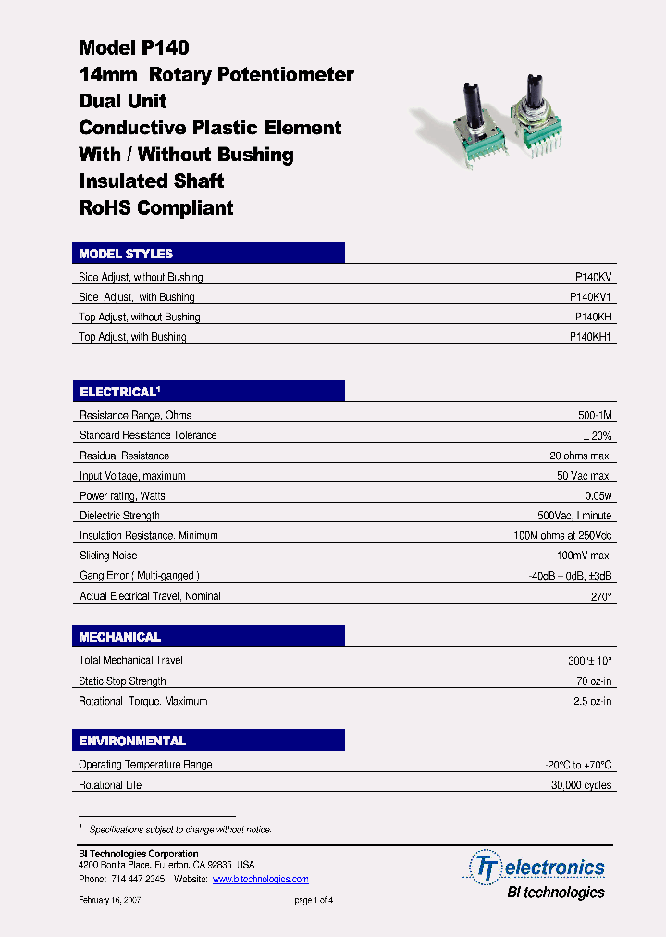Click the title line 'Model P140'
click(x=134, y=48)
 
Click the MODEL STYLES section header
click(x=126, y=254)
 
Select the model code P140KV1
click(x=591, y=297)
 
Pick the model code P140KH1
click(x=591, y=337)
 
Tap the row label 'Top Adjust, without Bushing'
click(x=140, y=318)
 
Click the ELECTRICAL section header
click(x=120, y=393)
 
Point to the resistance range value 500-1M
click(x=595, y=416)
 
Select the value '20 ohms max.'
click(x=580, y=456)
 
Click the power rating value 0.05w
click(x=598, y=496)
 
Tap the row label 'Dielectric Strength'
click(x=119, y=516)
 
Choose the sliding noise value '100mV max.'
click(x=585, y=556)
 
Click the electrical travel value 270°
click(x=601, y=597)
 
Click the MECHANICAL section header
click(x=120, y=637)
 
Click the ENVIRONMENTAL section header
click(x=132, y=741)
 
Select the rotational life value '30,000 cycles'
click(x=581, y=785)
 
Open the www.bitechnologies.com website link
click(x=260, y=880)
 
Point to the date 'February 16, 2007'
click(x=109, y=900)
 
